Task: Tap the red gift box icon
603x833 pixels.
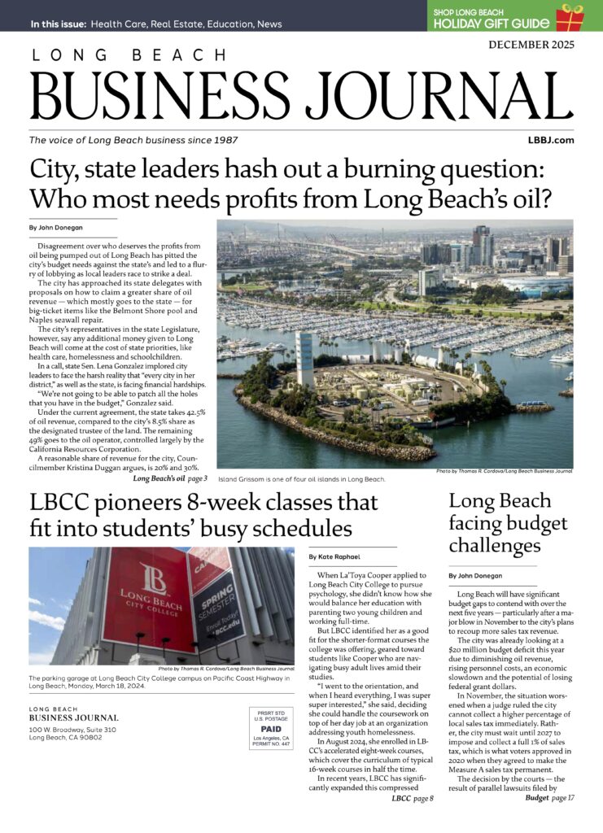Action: [x=570, y=15]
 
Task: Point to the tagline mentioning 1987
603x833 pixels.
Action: [x=133, y=140]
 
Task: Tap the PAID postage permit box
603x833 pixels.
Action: [x=270, y=730]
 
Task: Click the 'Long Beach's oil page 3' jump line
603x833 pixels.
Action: [x=170, y=478]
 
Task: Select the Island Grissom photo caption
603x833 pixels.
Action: [x=301, y=479]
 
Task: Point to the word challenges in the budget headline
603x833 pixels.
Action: [x=496, y=543]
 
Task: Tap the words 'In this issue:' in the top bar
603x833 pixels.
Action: [x=58, y=24]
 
